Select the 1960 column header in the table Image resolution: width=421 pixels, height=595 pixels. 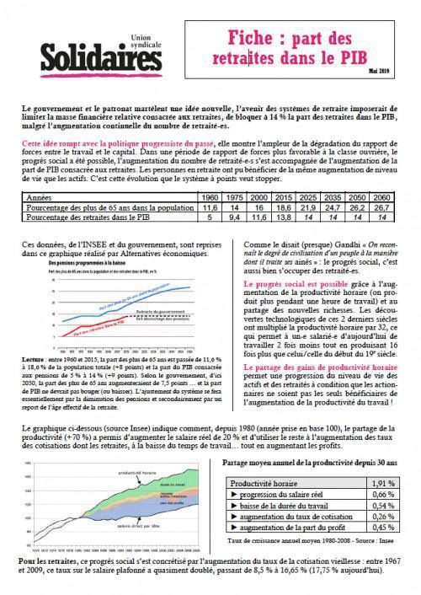click(x=208, y=197)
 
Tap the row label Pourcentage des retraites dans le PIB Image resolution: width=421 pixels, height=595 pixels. click(x=93, y=217)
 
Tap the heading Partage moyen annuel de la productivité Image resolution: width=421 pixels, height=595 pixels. click(x=306, y=463)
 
